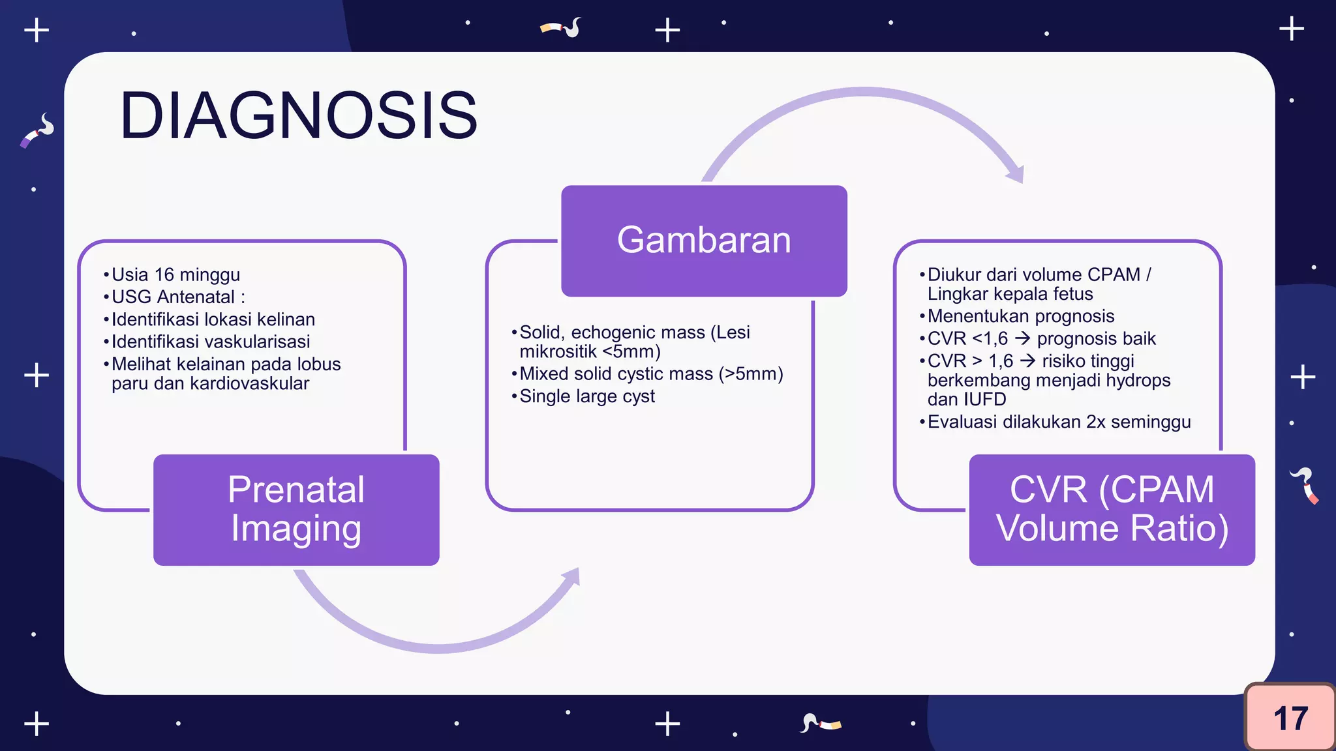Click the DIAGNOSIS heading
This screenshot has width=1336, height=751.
[299, 116]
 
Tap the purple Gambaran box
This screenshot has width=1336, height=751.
[704, 241]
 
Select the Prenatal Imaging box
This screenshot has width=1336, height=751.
[296, 509]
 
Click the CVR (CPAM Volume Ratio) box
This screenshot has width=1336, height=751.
[1112, 509]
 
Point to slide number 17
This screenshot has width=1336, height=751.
[1290, 718]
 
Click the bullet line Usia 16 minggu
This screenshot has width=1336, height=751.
[175, 274]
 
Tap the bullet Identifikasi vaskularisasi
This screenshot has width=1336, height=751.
[210, 342]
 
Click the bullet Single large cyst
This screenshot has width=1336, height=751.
[586, 396]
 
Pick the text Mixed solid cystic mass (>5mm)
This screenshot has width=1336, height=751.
[650, 374]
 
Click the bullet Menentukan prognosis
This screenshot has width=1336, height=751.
[1020, 317]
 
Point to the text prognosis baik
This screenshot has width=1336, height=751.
[1096, 339]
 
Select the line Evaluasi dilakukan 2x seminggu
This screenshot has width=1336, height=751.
[1058, 422]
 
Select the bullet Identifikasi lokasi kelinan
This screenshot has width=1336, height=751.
[213, 319]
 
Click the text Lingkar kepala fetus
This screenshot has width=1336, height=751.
[1010, 294]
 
